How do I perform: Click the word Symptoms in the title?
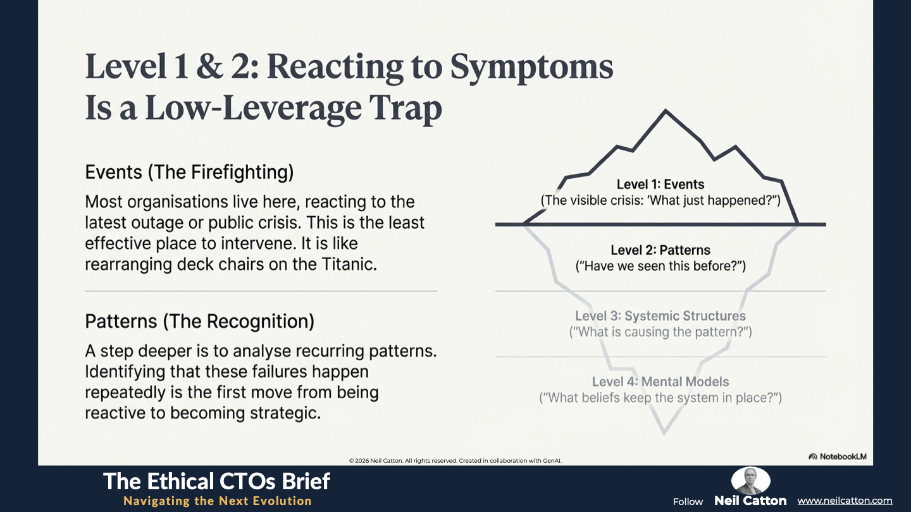[531, 68]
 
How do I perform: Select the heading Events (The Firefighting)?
[189, 173]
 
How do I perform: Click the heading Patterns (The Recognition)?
[200, 321]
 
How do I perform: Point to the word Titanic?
[349, 264]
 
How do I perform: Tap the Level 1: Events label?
[660, 185]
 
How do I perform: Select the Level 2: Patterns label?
[660, 250]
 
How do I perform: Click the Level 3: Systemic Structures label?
[660, 316]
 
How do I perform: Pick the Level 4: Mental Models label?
[660, 382]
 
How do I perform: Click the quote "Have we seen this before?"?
[660, 266]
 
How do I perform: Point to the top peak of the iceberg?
[666, 110]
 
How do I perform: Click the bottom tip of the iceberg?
[664, 434]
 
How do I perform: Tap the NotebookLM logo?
[838, 456]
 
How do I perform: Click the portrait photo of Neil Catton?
[751, 480]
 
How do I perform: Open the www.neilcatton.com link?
[845, 501]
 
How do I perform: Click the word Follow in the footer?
[688, 502]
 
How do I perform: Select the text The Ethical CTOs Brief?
[216, 482]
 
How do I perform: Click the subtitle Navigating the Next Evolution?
[218, 501]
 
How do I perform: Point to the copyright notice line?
[455, 461]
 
